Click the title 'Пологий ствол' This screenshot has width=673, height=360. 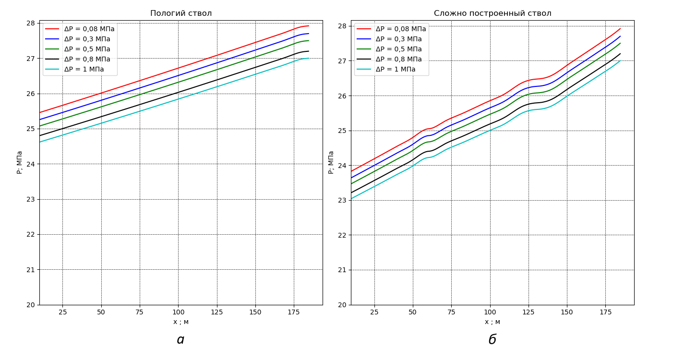181,13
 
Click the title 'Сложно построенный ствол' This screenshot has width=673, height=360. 493,13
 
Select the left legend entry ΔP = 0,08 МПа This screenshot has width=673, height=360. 89,29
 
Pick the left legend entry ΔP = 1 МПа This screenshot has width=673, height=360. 84,70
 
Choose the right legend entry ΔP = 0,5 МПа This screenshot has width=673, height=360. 398,49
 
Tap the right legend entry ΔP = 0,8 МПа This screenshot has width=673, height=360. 398,60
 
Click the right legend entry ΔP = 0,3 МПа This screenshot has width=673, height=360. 398,39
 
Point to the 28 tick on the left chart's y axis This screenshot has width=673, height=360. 31,23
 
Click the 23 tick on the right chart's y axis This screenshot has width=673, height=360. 342,200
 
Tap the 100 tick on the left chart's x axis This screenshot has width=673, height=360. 178,312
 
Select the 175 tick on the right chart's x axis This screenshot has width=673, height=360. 605,312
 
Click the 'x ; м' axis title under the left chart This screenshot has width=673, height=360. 181,322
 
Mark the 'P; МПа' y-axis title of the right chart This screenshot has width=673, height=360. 331,162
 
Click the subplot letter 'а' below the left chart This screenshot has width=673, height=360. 180,340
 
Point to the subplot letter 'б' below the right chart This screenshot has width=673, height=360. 492,340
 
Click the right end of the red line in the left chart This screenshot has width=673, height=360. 309,26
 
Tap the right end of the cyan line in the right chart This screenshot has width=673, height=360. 620,61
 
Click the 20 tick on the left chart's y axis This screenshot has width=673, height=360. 31,305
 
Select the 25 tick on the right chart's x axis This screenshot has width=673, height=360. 374,312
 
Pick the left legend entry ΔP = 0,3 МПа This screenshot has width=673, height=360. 87,39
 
